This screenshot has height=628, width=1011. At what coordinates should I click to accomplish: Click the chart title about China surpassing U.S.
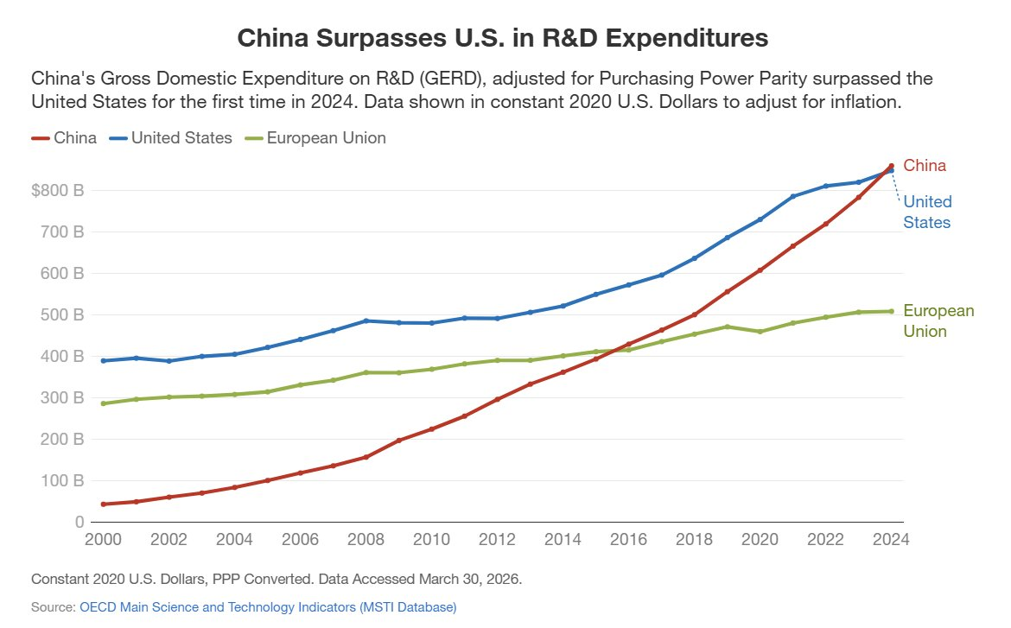pyautogui.click(x=502, y=39)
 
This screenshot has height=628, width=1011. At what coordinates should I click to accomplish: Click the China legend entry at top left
pyautogui.click(x=65, y=138)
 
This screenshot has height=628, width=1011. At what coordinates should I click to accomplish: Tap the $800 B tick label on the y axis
pyautogui.click(x=57, y=190)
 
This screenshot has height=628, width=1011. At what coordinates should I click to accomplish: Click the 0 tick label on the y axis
pyautogui.click(x=78, y=522)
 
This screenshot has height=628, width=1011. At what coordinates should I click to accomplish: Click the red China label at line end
pyautogui.click(x=925, y=166)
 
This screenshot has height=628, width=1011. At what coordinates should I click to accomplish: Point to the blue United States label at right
pyautogui.click(x=927, y=212)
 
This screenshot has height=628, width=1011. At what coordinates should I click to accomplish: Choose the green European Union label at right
pyautogui.click(x=938, y=320)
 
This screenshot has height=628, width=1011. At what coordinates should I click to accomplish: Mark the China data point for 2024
pyautogui.click(x=892, y=166)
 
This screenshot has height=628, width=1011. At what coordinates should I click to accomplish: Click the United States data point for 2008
pyautogui.click(x=366, y=320)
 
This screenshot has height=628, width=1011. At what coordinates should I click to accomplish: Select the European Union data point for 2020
pyautogui.click(x=760, y=332)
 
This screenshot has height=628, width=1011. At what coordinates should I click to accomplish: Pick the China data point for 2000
pyautogui.click(x=104, y=504)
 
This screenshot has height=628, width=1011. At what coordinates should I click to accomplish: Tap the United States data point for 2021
pyautogui.click(x=793, y=196)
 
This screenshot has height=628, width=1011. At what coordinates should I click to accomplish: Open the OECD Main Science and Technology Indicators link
pyautogui.click(x=268, y=607)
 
